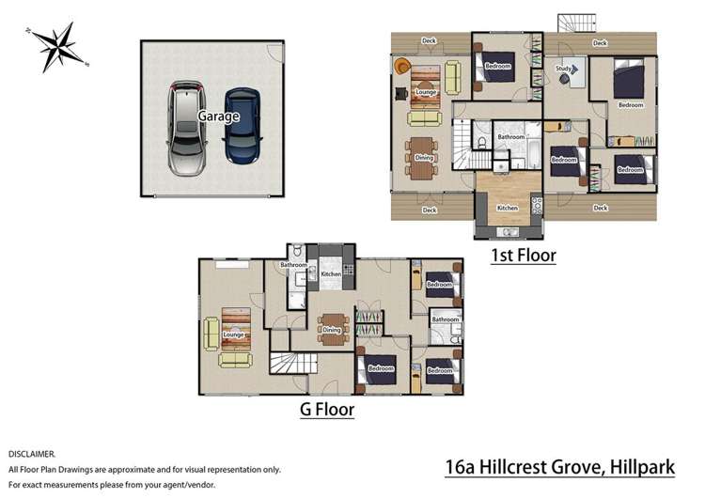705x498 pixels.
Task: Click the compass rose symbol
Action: point(59,47)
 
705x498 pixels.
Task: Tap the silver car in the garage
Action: point(186,127)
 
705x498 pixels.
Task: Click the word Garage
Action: point(218,117)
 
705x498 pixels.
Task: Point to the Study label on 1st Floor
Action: point(564,69)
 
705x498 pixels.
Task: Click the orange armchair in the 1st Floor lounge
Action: point(402,66)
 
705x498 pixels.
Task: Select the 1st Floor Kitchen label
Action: point(507,208)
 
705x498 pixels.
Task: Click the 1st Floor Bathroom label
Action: point(510,137)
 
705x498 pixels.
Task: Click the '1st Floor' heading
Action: point(523,255)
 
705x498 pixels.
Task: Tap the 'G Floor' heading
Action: point(326,410)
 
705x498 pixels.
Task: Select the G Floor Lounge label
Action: point(234,335)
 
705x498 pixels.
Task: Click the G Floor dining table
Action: point(332,330)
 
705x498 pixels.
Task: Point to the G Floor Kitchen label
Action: point(331,274)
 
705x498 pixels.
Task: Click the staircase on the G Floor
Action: point(283,366)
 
